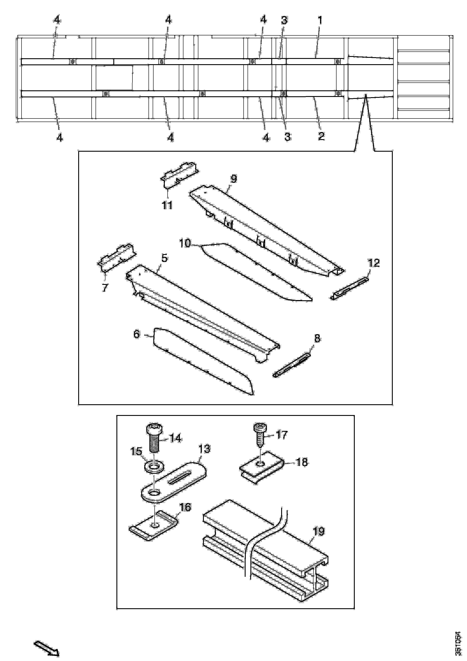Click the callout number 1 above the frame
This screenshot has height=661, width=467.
320,20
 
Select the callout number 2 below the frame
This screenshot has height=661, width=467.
321,136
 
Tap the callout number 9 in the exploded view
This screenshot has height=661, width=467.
234,179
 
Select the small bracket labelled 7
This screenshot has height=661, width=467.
116,258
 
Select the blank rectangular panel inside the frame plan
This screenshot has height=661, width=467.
114,77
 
